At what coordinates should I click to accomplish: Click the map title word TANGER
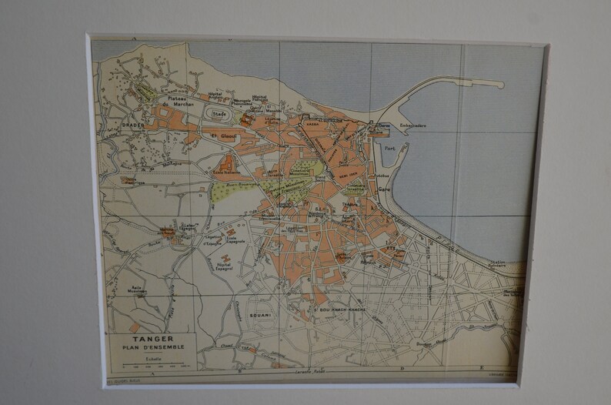pyautogui.click(x=152, y=338)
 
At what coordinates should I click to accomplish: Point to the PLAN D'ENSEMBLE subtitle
pyautogui.click(x=152, y=346)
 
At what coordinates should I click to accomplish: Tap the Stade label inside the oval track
pyautogui.click(x=219, y=113)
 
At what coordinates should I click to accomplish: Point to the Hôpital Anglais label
pyautogui.click(x=220, y=95)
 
